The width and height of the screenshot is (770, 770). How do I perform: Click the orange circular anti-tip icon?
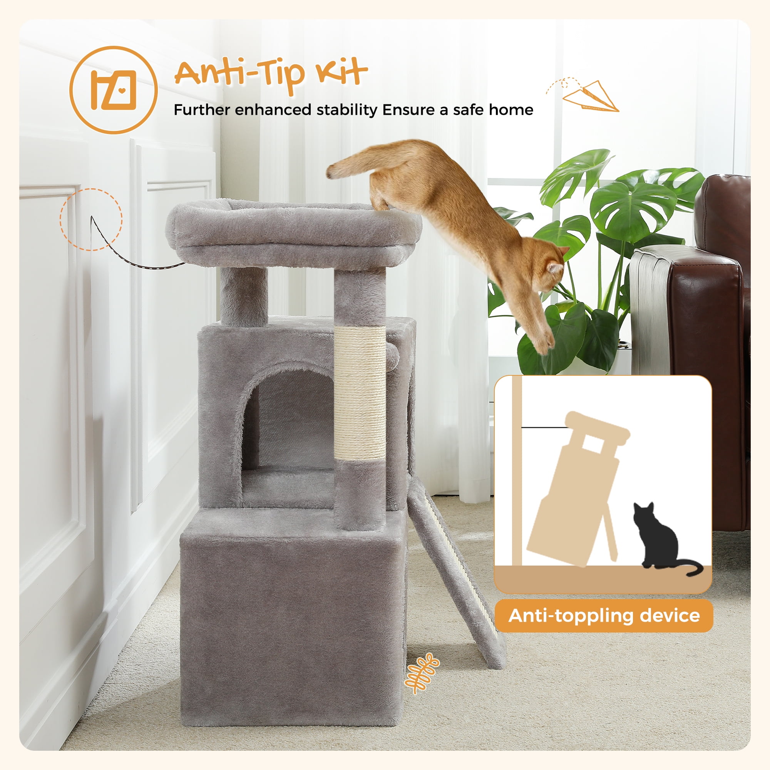click(x=113, y=90)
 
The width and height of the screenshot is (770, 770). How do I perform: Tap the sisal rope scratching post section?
click(x=360, y=393)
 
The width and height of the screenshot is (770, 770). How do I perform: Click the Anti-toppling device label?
click(x=604, y=616)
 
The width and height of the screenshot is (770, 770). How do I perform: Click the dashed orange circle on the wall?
click(x=91, y=219)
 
